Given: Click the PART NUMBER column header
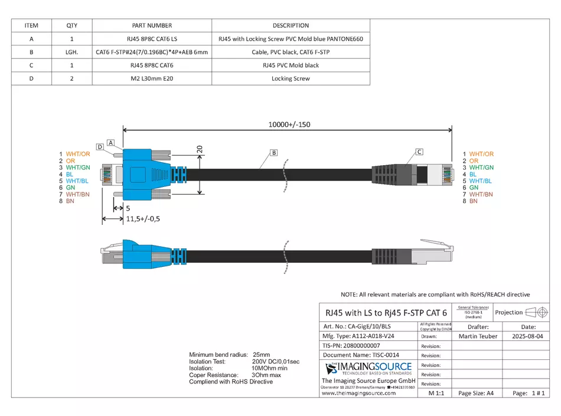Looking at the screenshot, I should coord(152,25).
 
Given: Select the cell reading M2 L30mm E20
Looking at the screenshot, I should coord(152,78).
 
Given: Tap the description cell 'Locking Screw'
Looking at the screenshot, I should coord(291,78).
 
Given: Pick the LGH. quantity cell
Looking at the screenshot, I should coord(72,52).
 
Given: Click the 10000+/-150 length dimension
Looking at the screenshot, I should coord(289,124).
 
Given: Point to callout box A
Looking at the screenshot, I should coord(110,135).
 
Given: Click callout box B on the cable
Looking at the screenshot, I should coord(273,153).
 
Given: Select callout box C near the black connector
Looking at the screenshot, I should coord(419,151).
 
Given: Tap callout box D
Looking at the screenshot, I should coord(100,147).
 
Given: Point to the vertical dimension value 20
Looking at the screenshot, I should coord(200,150).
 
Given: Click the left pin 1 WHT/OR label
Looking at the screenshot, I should coord(74,154).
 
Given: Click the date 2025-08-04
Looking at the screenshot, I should coord(528,336).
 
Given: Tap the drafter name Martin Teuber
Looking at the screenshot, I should coord(478,336).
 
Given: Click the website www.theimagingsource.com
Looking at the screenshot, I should coord(358,393).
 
